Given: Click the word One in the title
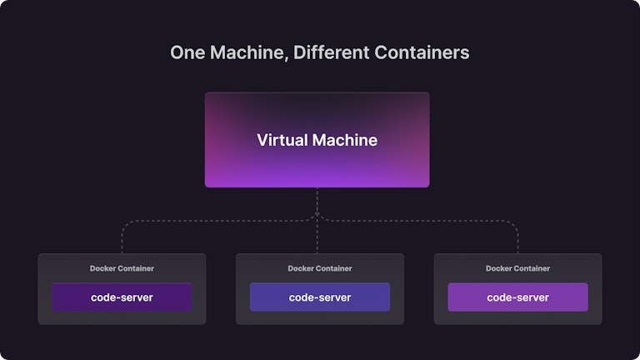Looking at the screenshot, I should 187,52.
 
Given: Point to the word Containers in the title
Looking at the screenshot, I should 422,52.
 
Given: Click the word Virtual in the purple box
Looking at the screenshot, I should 282,140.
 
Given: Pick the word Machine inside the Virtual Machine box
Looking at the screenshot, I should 345,140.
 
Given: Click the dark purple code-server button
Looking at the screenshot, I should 122,297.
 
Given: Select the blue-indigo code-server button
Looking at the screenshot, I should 320,297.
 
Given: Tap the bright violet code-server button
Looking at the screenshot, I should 517,297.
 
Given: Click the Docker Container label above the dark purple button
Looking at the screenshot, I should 122,268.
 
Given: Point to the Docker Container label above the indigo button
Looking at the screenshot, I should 320,268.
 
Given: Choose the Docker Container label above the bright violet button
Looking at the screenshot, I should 517,268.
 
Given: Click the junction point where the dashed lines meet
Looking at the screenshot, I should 317,215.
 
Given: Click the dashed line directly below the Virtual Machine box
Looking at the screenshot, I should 317,200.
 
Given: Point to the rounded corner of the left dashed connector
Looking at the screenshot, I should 125,224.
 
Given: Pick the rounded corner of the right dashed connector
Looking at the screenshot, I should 514,224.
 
